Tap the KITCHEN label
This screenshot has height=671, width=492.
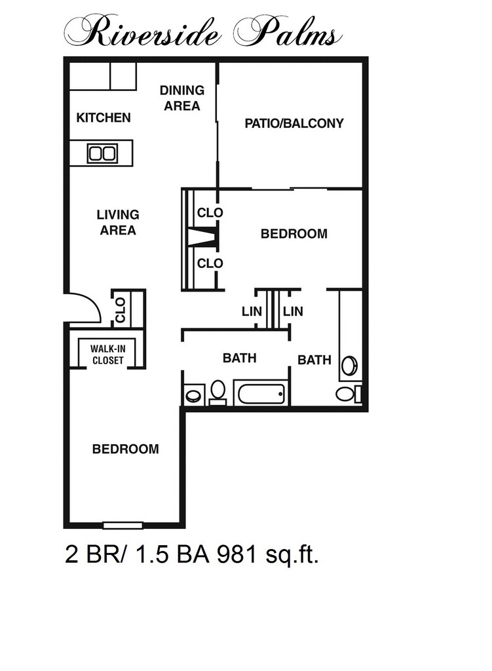(104, 118)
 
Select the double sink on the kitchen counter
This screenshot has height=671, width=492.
(102, 153)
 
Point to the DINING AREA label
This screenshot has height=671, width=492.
(181, 98)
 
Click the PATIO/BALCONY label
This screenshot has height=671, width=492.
(293, 123)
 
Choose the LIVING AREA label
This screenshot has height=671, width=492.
(118, 222)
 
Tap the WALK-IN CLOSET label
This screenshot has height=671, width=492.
(107, 355)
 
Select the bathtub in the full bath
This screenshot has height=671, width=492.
(261, 394)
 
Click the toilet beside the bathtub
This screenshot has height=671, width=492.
(218, 391)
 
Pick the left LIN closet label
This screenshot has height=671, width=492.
(252, 311)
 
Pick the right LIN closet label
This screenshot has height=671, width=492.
(293, 311)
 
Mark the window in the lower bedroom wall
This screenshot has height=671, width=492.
(123, 525)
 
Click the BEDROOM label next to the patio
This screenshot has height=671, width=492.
(293, 234)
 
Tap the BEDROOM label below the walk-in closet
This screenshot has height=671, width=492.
(125, 450)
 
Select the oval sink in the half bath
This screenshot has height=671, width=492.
(350, 365)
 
